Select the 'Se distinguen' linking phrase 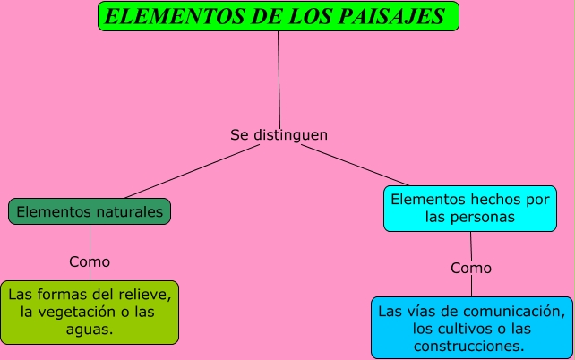click(279, 135)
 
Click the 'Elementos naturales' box click(90, 212)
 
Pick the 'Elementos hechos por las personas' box click(471, 208)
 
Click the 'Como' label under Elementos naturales click(90, 262)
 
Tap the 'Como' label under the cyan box click(471, 268)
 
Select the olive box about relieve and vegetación click(90, 313)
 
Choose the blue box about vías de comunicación click(472, 328)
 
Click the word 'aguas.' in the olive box click(90, 330)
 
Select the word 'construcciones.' click(470, 346)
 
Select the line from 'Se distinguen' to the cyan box click(358, 166)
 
